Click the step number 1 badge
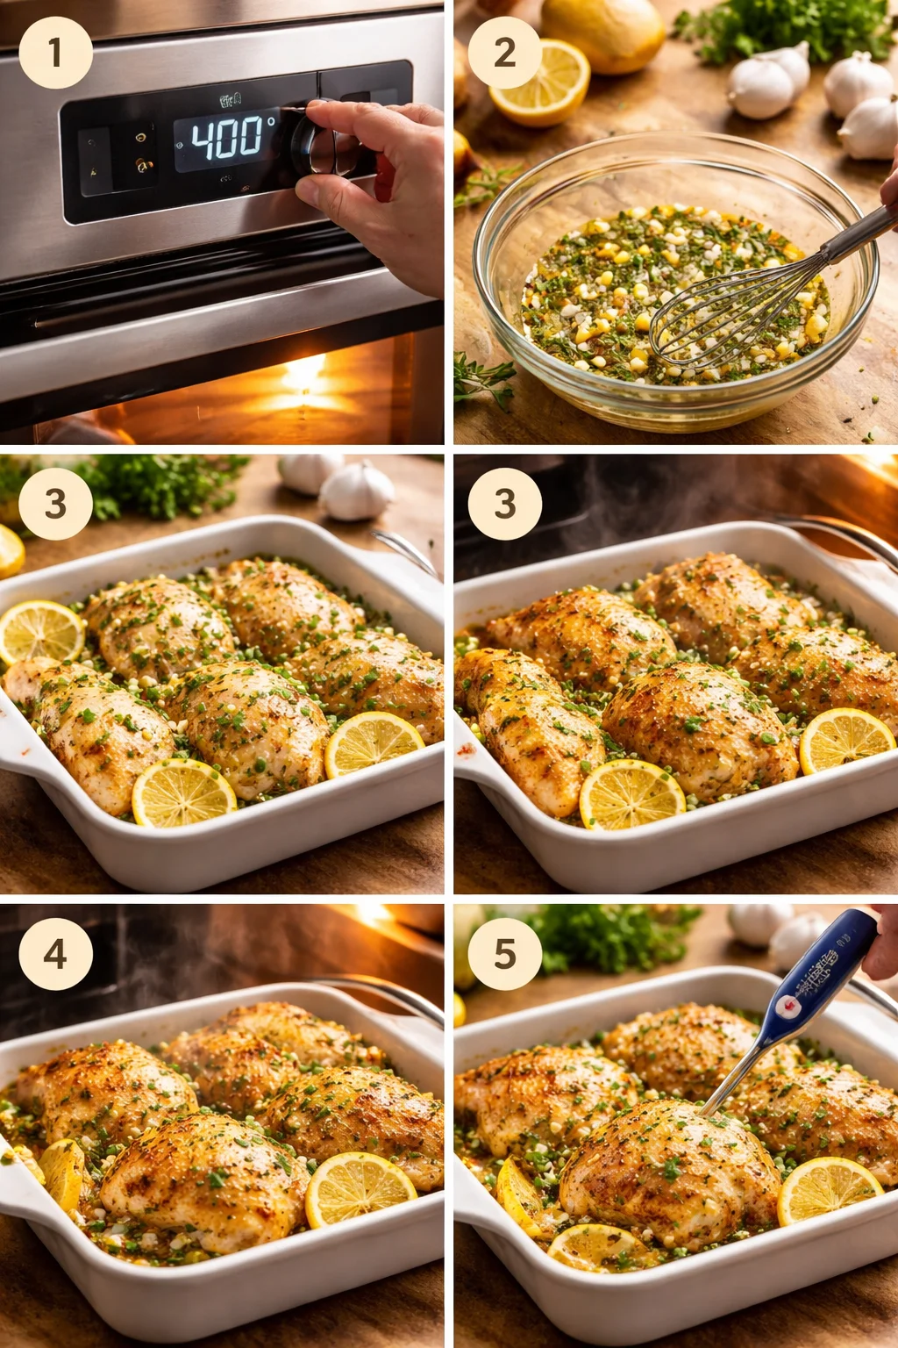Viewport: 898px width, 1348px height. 55,53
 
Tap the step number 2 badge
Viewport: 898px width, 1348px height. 504,53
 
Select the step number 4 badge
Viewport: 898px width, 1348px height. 55,954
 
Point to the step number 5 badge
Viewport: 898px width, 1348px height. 504,954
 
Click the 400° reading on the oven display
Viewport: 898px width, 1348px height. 228,138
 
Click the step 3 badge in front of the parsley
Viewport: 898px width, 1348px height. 55,503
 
